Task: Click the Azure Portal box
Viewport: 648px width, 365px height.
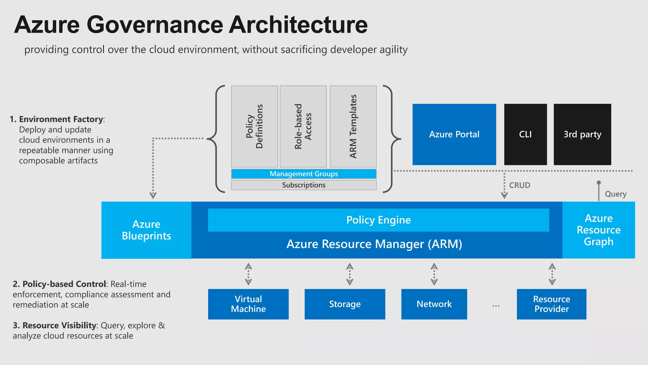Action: [x=454, y=134]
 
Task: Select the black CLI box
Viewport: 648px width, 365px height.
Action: [x=525, y=134]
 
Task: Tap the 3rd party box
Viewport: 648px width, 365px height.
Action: [x=582, y=134]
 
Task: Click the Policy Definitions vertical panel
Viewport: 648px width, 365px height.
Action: [x=254, y=126]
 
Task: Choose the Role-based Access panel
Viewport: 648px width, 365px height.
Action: [x=303, y=126]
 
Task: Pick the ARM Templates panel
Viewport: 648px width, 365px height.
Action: [x=353, y=126]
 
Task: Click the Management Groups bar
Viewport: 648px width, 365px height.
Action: [x=304, y=174]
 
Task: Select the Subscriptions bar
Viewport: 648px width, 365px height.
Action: [x=304, y=185]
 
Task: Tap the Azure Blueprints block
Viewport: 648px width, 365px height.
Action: [x=146, y=230]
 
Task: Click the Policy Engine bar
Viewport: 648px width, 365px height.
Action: [x=378, y=220]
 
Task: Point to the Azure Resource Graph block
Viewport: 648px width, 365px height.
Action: [x=599, y=230]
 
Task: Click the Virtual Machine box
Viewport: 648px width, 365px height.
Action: [x=248, y=304]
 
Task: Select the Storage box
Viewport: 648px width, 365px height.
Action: [x=345, y=304]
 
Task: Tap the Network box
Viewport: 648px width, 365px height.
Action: [x=434, y=304]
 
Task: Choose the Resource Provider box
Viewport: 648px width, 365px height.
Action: [x=551, y=304]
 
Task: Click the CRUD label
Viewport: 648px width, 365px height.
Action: [x=520, y=185]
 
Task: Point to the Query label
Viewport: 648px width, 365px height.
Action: [x=615, y=194]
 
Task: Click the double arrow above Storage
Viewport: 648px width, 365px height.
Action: [x=350, y=274]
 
